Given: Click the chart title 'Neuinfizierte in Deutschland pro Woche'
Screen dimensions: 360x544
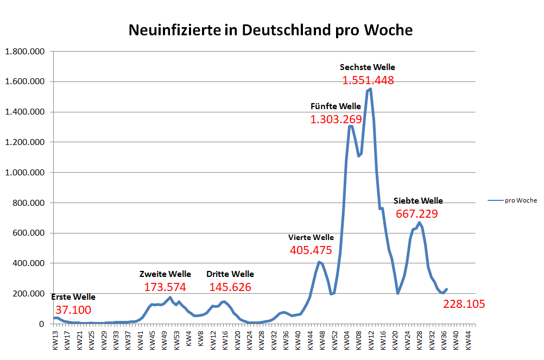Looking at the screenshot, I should click(270, 30).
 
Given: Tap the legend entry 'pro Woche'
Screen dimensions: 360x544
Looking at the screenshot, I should click(520, 200).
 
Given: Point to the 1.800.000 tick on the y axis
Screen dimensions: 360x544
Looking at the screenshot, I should click(25, 52).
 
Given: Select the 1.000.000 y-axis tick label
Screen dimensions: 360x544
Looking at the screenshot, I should click(25, 173).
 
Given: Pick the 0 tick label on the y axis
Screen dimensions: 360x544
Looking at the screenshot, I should click(42, 324).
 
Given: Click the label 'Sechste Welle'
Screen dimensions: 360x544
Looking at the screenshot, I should click(367, 67).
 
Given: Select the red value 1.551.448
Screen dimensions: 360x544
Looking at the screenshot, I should click(368, 80).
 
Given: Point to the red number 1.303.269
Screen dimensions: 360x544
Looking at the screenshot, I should click(336, 119).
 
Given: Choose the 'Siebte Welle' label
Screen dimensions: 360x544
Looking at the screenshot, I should click(418, 200).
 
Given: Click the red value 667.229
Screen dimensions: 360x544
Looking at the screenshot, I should click(416, 214).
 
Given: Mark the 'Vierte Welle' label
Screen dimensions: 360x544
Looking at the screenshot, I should click(311, 237).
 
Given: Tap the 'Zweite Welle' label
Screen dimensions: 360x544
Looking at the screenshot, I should click(165, 274).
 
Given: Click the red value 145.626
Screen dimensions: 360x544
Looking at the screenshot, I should click(230, 287).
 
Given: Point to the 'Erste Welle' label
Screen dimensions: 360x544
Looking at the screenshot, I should click(73, 297).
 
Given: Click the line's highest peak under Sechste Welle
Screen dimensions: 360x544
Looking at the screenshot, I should click(370, 89).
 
